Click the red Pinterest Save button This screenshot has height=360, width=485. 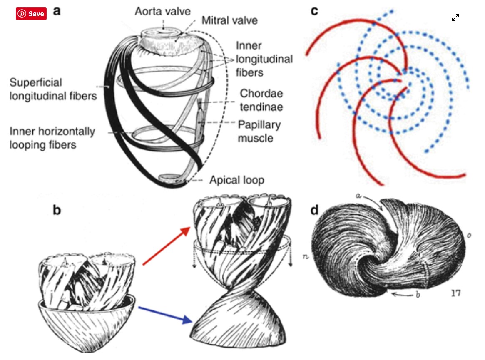click(x=31, y=14)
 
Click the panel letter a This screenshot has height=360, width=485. click(x=57, y=11)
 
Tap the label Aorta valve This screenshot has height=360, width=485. click(x=162, y=11)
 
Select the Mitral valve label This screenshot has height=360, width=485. click(x=229, y=20)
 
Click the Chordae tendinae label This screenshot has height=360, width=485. click(x=261, y=100)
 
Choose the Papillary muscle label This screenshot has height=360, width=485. click(x=259, y=131)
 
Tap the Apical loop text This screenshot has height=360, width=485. click(x=236, y=180)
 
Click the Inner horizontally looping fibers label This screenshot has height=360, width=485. click(x=52, y=138)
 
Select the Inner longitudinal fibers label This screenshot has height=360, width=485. click(x=264, y=59)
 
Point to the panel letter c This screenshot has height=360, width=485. click(x=314, y=11)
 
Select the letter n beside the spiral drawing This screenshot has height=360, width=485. click(x=306, y=256)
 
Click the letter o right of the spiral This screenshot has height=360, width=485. click(x=469, y=236)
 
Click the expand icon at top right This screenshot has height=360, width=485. click(x=455, y=17)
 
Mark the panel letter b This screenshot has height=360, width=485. click(x=57, y=210)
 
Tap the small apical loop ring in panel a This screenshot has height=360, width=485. click(x=169, y=178)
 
